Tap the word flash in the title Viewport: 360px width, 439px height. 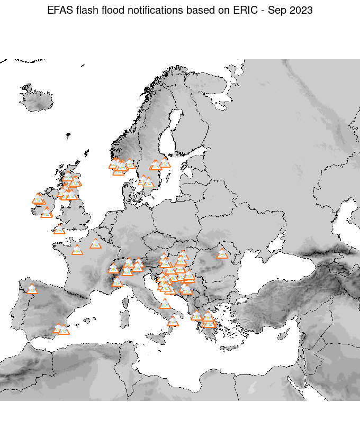pos(85,10)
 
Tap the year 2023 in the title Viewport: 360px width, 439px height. pos(302,10)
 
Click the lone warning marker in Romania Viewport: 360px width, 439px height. pos(222,254)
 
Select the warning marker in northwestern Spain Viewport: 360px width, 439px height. pos(32,289)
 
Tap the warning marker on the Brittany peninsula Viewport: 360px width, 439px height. pos(59,230)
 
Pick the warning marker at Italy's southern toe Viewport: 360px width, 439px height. pos(173,321)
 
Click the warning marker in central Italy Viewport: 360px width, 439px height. pos(165,304)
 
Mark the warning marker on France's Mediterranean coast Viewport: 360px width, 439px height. pos(117,282)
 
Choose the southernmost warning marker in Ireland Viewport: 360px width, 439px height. pos(47,213)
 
